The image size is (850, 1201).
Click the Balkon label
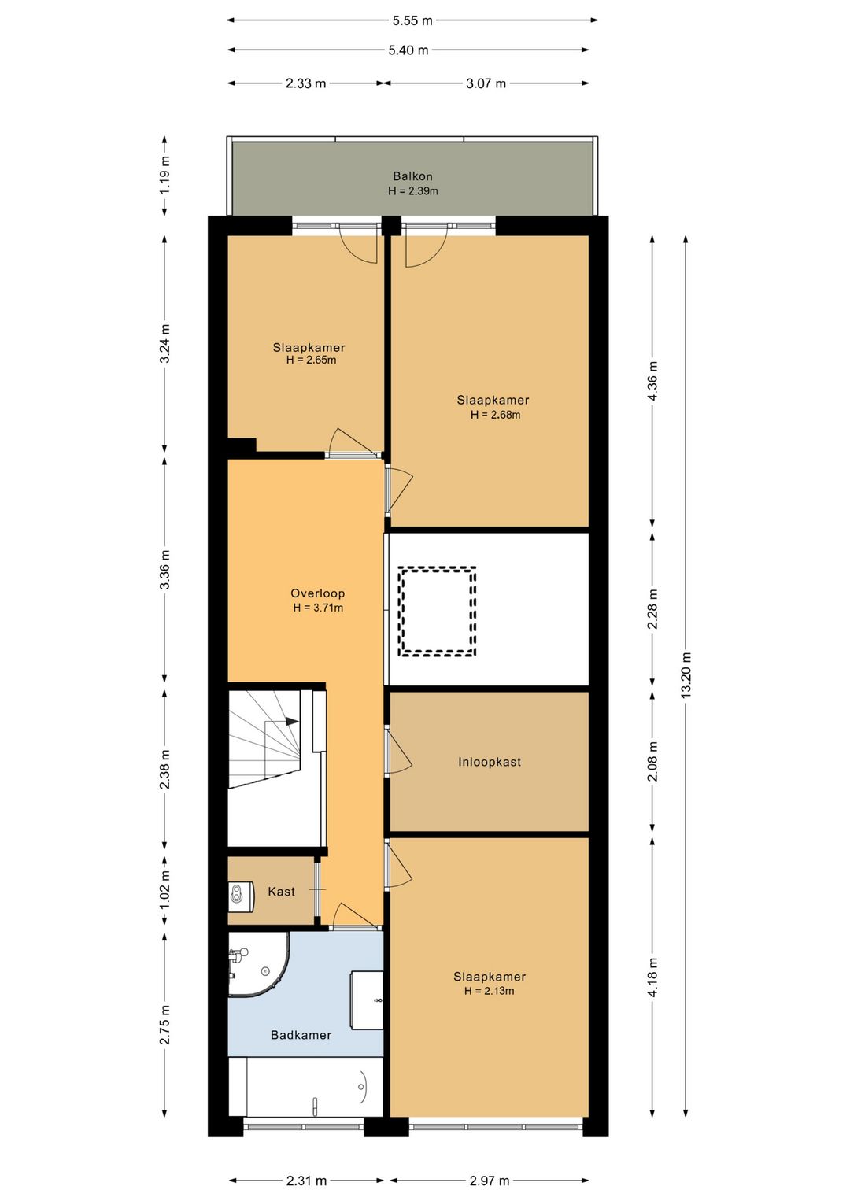pyautogui.click(x=412, y=176)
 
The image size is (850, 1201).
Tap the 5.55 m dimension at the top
pyautogui.click(x=412, y=21)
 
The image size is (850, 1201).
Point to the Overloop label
pyautogui.click(x=317, y=593)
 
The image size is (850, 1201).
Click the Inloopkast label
pyautogui.click(x=489, y=762)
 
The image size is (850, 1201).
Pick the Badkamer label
pyautogui.click(x=301, y=1035)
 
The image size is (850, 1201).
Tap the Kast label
pyautogui.click(x=281, y=891)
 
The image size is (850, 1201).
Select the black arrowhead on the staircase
pyautogui.click(x=292, y=722)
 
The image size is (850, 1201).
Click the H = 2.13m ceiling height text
pyautogui.click(x=489, y=991)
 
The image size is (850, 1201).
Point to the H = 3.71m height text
pyautogui.click(x=318, y=608)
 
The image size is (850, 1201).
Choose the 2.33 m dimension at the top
pyautogui.click(x=305, y=83)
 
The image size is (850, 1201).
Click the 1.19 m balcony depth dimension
pyautogui.click(x=165, y=175)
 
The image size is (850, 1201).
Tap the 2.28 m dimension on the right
pyautogui.click(x=652, y=609)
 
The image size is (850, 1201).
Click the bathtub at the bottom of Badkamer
pyautogui.click(x=314, y=1086)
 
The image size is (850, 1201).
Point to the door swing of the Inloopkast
pyautogui.click(x=398, y=752)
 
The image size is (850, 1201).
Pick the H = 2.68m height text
pyautogui.click(x=496, y=415)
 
